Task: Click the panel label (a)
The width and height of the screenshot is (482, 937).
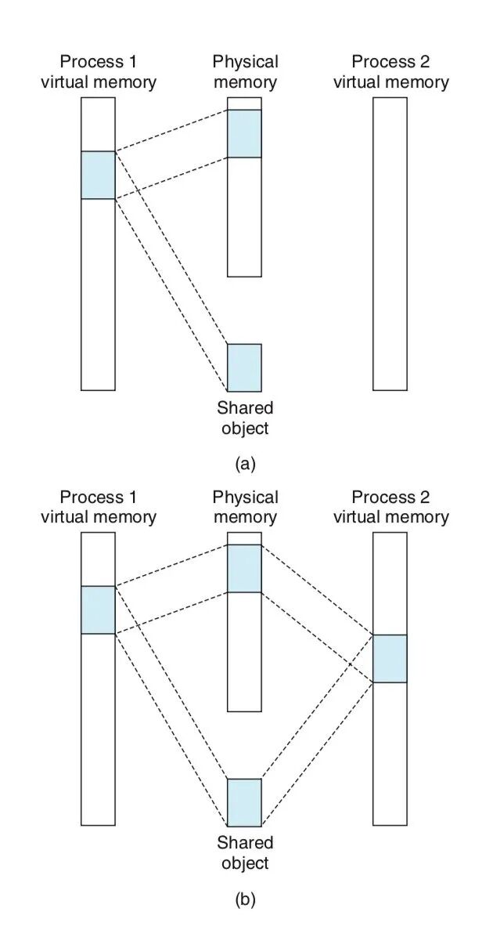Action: [x=245, y=464]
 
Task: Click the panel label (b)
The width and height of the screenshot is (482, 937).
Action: [x=245, y=899]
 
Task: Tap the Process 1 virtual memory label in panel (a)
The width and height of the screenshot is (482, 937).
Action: [x=99, y=72]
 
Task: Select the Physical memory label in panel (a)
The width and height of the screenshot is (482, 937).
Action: [x=245, y=72]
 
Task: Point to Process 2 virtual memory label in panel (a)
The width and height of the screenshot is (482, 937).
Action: [x=390, y=72]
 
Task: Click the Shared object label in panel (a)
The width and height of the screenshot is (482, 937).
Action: [x=245, y=418]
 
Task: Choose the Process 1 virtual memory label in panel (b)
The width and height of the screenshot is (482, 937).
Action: [x=99, y=507]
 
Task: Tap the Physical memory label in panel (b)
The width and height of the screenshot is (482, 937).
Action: [x=245, y=507]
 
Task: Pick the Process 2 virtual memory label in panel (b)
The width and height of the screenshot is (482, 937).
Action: [x=390, y=507]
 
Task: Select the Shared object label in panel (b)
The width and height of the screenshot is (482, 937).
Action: [x=245, y=853]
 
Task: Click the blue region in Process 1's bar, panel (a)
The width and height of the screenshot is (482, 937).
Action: [x=98, y=175]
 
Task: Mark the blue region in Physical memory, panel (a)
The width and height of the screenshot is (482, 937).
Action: [x=244, y=133]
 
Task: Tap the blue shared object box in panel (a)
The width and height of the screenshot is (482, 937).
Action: [x=244, y=367]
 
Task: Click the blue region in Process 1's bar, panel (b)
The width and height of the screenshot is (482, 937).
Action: [x=98, y=610]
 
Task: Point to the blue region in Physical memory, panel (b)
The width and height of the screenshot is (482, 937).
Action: [x=244, y=568]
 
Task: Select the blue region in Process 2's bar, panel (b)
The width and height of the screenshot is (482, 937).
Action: [x=390, y=658]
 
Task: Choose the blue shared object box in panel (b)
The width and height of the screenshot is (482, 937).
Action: [x=244, y=802]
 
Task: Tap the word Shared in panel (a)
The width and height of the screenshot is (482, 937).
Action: [x=245, y=409]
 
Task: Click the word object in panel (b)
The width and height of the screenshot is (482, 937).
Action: [x=245, y=863]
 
